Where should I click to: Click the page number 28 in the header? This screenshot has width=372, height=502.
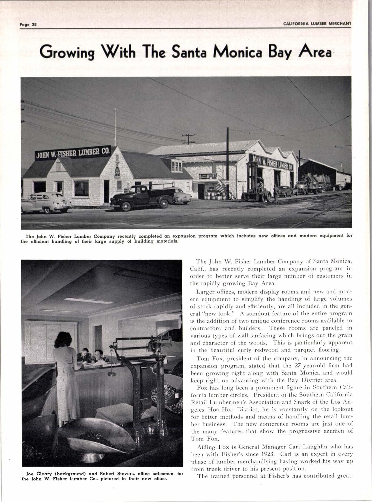[x=34, y=24]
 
